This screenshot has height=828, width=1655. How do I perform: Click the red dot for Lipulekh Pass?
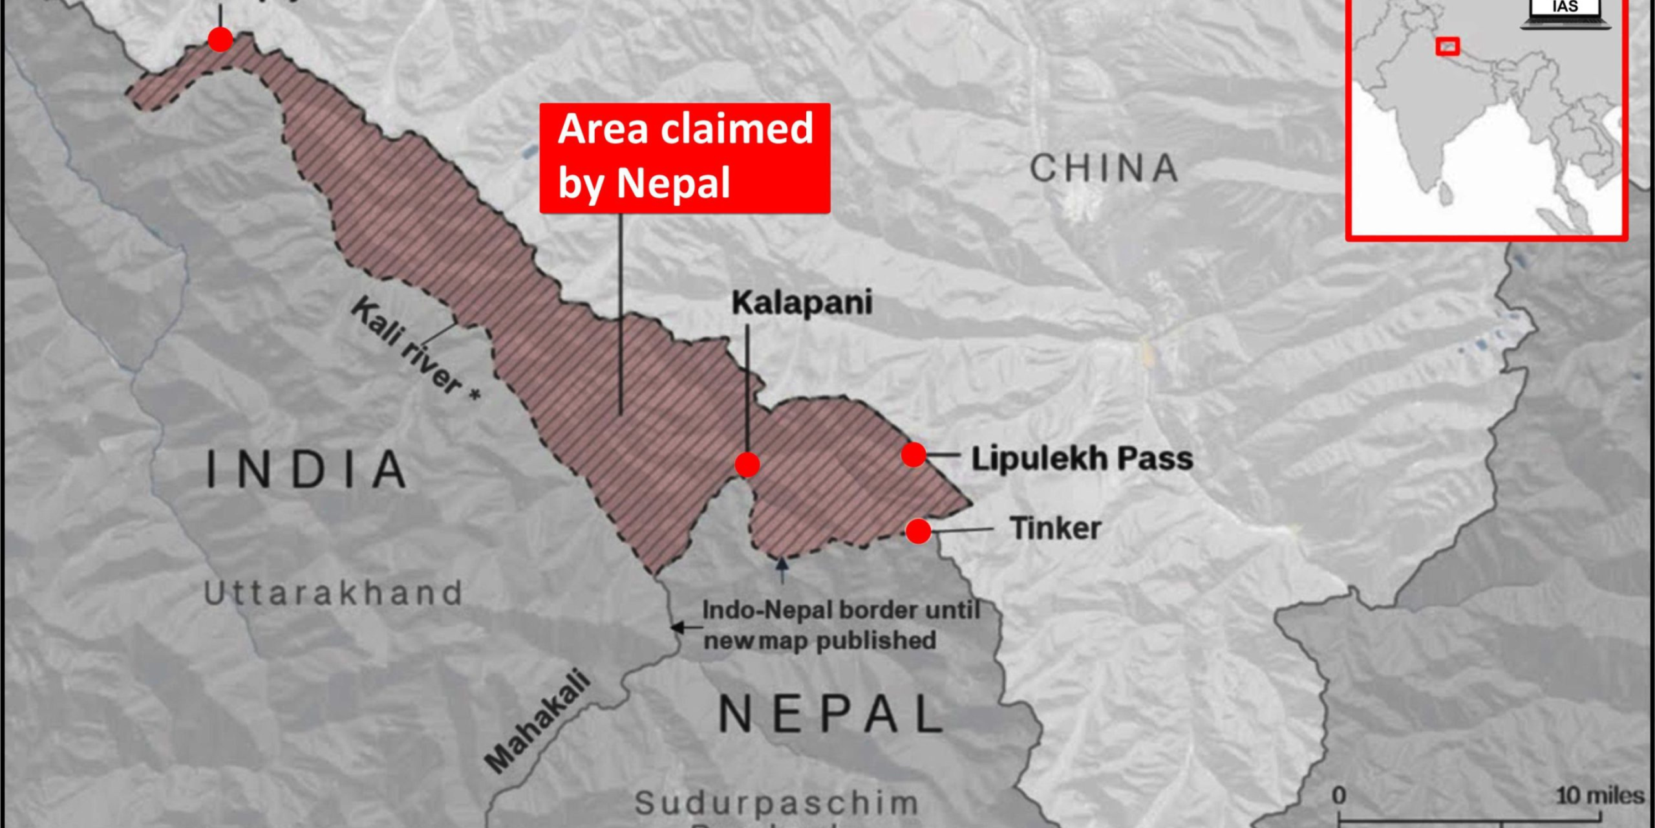(x=913, y=455)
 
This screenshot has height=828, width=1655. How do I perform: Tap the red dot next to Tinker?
(x=918, y=531)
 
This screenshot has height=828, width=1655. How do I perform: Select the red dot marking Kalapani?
(x=747, y=464)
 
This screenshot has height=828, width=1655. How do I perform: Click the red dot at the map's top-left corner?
(x=220, y=39)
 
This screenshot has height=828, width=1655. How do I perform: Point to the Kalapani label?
(x=802, y=303)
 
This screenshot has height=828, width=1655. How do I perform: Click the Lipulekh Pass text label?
(x=1082, y=459)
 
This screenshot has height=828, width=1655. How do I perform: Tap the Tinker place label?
(x=1055, y=528)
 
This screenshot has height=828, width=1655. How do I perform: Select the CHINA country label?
(x=1104, y=168)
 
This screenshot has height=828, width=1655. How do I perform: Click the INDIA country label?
(x=306, y=470)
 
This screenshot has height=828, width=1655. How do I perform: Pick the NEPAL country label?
(x=831, y=714)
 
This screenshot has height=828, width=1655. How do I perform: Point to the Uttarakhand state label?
(x=333, y=593)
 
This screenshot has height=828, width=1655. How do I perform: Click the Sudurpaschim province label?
(x=776, y=803)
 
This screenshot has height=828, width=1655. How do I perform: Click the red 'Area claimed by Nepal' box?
(x=685, y=157)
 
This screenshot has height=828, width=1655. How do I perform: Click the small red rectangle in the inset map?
(x=1447, y=47)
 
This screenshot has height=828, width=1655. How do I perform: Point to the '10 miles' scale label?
(x=1599, y=796)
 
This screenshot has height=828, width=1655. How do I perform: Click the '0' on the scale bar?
(x=1339, y=796)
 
